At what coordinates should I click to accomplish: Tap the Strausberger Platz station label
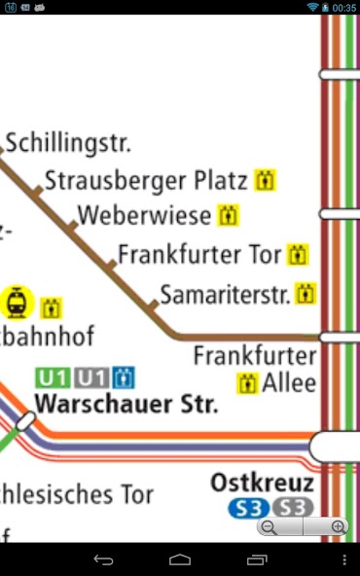click(146, 181)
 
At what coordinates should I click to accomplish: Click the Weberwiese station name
click(143, 215)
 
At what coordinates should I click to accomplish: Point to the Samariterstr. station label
click(225, 294)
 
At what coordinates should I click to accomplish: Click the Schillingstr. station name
click(68, 144)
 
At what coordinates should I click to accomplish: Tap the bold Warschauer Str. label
click(126, 403)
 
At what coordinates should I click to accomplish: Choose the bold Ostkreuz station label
click(263, 484)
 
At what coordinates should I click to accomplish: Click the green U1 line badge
click(54, 378)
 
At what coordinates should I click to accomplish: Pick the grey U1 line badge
click(91, 378)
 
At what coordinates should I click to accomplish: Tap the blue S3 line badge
click(247, 508)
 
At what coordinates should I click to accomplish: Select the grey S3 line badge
click(292, 508)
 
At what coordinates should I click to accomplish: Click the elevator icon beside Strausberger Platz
click(266, 181)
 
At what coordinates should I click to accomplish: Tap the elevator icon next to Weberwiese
click(229, 215)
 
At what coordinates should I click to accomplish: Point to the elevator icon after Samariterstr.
click(306, 293)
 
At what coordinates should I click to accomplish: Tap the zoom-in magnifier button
click(339, 527)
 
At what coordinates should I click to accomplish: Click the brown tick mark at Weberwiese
click(71, 227)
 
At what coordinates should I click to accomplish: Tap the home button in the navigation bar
click(180, 560)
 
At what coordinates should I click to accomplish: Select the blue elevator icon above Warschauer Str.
click(124, 378)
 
